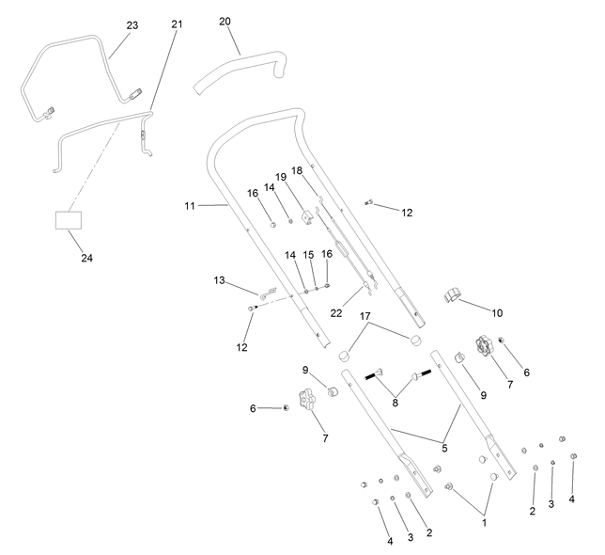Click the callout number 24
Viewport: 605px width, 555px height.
[86, 258]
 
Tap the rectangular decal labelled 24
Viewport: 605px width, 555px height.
[69, 220]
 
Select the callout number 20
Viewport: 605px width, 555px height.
[225, 22]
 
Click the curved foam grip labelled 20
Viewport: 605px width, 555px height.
[241, 70]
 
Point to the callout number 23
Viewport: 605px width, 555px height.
[132, 25]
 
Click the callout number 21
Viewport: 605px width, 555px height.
[177, 24]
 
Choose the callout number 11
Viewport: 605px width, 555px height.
[190, 206]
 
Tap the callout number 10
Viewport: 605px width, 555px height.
[497, 313]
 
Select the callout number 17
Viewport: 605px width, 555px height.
[365, 316]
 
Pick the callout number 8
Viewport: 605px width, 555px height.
[395, 403]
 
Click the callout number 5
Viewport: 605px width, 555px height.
[444, 449]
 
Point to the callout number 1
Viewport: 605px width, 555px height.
[484, 523]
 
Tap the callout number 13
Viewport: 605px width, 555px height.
[219, 280]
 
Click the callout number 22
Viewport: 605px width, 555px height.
[336, 313]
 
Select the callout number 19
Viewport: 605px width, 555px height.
[281, 177]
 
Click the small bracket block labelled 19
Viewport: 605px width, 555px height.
[307, 216]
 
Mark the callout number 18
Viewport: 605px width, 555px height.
[297, 170]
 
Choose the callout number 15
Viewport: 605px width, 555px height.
[308, 255]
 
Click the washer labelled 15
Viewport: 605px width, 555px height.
[317, 288]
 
